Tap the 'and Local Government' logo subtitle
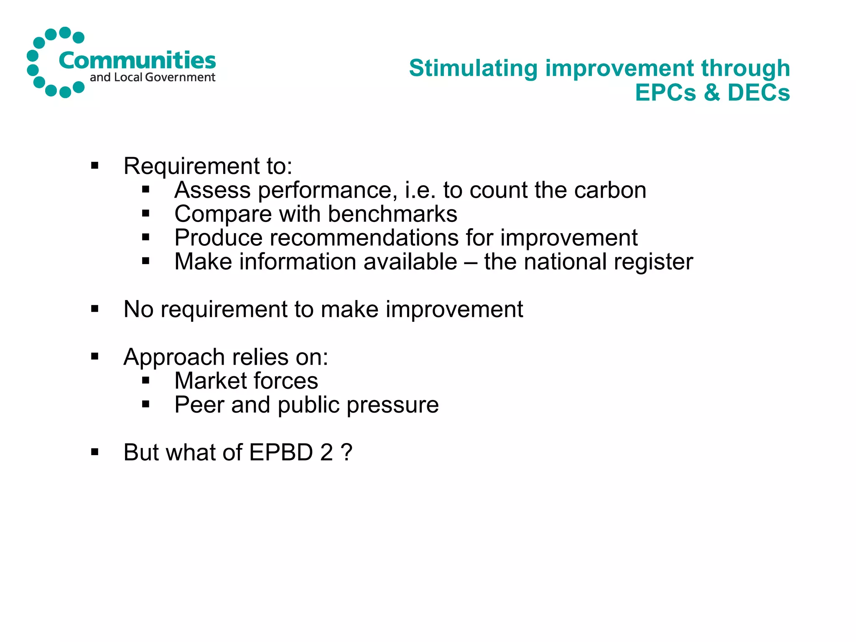(153, 77)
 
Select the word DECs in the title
(759, 92)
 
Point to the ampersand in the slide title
(712, 92)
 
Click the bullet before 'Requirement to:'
(95, 166)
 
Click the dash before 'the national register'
(471, 262)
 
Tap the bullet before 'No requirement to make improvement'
(95, 309)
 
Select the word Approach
(174, 357)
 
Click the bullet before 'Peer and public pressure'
(145, 404)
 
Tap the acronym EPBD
(281, 452)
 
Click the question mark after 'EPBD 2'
(346, 452)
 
